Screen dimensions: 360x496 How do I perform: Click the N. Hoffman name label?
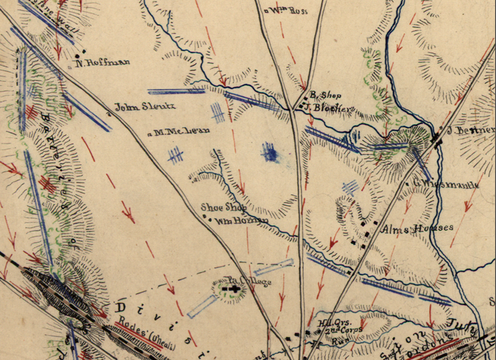(x=102, y=62)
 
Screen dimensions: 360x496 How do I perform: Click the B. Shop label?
(x=322, y=95)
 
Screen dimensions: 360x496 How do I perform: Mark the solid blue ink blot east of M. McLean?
(x=269, y=152)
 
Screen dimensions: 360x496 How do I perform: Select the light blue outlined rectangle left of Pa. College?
(x=203, y=305)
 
